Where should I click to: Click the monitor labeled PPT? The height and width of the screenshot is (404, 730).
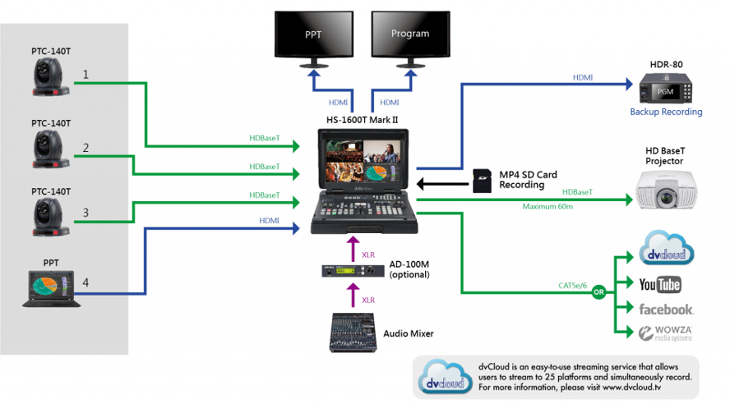[x=313, y=34]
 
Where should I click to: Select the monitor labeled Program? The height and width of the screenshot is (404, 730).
[x=409, y=34]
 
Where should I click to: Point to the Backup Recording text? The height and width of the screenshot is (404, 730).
[x=666, y=112]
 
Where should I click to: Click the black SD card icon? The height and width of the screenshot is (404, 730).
[x=483, y=179]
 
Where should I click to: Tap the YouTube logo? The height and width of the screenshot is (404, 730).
[x=659, y=284]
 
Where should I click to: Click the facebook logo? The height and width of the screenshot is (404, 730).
[x=666, y=309]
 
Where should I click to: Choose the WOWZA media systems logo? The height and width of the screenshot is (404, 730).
[x=666, y=333]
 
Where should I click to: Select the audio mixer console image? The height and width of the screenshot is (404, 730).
[x=353, y=333]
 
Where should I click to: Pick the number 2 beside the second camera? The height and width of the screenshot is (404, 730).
[x=85, y=149]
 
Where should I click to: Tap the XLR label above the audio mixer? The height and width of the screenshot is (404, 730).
[x=368, y=301]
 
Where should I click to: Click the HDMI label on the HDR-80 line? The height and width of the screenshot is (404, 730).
[x=583, y=77]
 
